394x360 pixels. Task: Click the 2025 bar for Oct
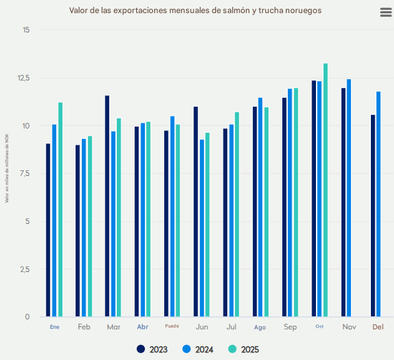pos(325,190)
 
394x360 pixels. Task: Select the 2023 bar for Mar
pos(107,206)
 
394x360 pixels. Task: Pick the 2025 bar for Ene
pos(61,210)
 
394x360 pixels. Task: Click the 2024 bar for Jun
pos(202,228)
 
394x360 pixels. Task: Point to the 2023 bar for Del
pos(373,216)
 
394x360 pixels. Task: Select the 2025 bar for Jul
pos(237,215)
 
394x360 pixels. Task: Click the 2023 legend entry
pos(152,349)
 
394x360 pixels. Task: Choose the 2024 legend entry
pos(199,349)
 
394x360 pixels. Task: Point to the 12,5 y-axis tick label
pos(23,78)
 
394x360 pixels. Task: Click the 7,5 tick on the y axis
pos(24,173)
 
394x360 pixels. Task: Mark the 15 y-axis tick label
pos(26,30)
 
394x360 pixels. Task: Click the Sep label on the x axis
pos(290,327)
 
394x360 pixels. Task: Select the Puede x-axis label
pos(172,326)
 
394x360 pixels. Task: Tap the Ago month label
pos(260,327)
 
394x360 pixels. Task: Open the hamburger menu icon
pos(386,13)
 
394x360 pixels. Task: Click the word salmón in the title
pos(223,11)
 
